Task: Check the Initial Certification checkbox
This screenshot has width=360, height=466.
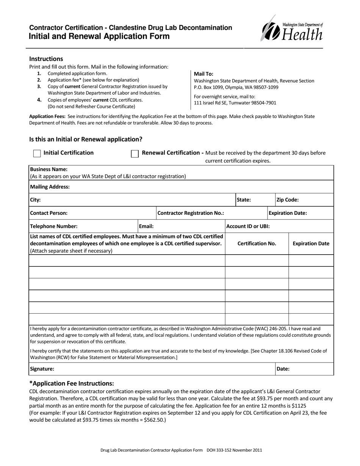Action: point(37,153)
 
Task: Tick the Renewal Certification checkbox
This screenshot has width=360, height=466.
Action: point(135,153)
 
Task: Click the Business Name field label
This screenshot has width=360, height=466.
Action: point(49,169)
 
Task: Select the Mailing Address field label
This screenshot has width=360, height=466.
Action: point(50,187)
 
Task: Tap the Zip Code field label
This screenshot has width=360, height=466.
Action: point(288,200)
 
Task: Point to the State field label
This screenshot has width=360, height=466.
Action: point(244,200)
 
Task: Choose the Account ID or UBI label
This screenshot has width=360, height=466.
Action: point(248,226)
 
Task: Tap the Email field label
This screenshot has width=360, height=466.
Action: point(146,226)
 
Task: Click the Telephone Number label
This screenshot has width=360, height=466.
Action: point(54,226)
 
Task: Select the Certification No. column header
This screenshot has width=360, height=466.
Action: point(257,244)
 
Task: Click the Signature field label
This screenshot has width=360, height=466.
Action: point(42,369)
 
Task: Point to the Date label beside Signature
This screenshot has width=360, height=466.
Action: point(283,369)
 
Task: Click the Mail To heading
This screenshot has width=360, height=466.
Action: point(203,74)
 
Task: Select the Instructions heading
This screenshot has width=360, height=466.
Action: point(46,59)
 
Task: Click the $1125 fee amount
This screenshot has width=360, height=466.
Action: point(299,405)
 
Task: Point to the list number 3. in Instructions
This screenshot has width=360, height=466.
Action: point(39,86)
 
